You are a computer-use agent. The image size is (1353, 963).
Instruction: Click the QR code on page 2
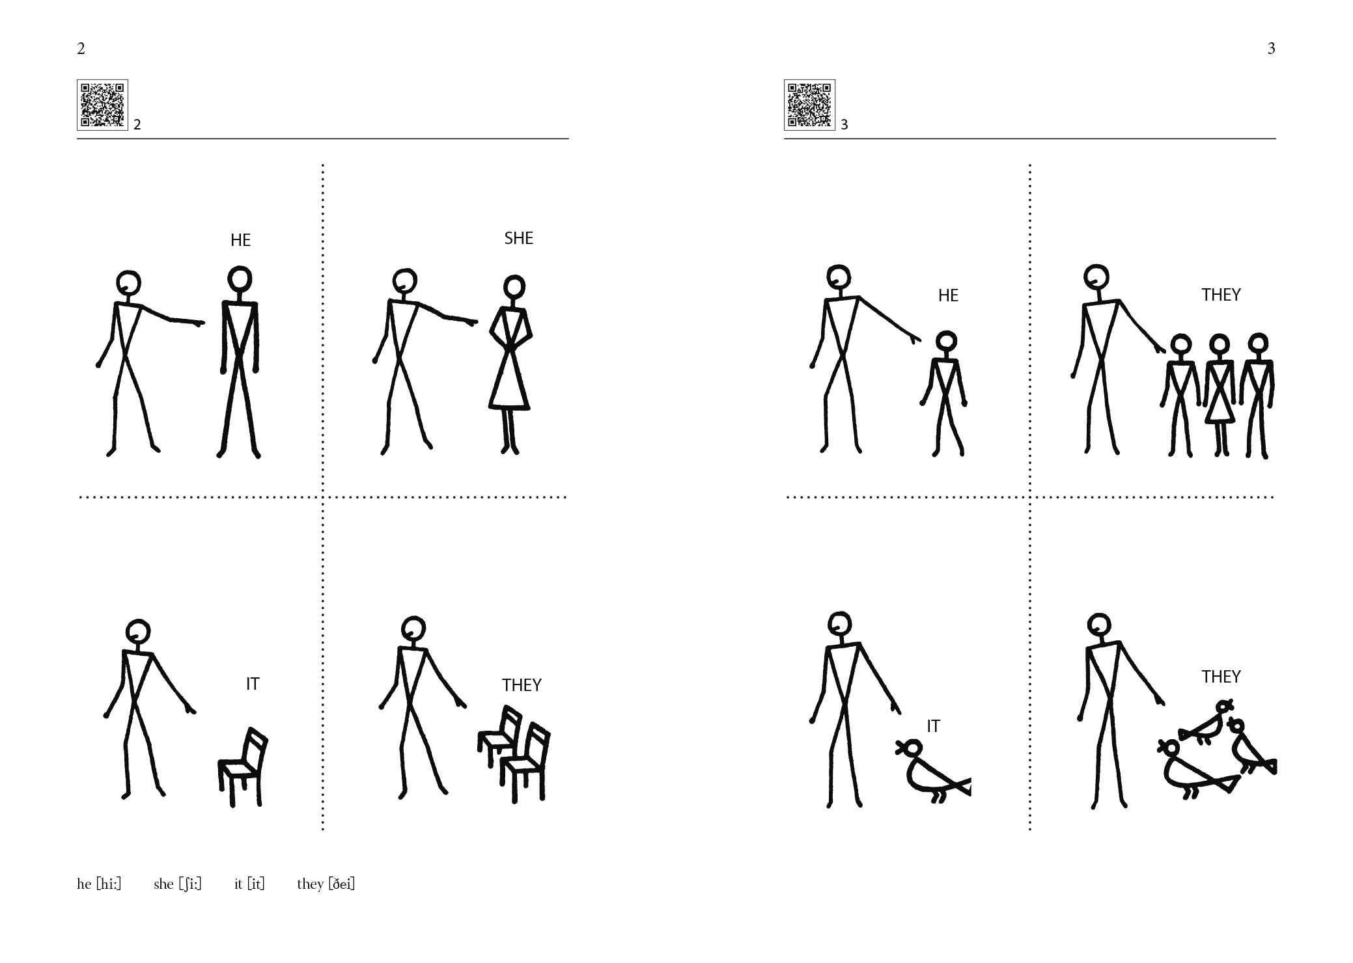tap(102, 105)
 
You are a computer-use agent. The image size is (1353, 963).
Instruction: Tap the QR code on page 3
tap(809, 105)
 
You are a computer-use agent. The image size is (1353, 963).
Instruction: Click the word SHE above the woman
tap(519, 238)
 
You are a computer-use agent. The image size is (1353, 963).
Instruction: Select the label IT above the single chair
tap(253, 684)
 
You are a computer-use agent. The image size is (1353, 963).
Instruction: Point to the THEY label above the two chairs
tap(522, 685)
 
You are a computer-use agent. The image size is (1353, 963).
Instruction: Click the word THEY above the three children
tap(1221, 295)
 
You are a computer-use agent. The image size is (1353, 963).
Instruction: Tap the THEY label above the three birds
tap(1221, 677)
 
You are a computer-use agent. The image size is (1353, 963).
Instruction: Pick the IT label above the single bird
tap(933, 726)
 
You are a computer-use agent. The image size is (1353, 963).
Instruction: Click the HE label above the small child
tap(948, 295)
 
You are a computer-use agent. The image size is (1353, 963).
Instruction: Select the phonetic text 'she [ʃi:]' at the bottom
tap(178, 884)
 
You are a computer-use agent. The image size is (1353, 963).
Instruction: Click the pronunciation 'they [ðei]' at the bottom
tap(326, 884)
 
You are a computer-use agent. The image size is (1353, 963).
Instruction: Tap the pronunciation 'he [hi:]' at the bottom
tap(99, 884)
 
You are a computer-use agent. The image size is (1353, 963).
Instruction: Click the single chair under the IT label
tap(243, 767)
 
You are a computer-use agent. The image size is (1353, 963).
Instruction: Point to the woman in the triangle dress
tap(510, 364)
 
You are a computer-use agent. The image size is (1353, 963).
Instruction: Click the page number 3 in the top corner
tap(1271, 48)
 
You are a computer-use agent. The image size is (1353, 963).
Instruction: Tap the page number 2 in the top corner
tap(81, 48)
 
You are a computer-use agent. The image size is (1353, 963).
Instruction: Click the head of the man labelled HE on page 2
tap(240, 278)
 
